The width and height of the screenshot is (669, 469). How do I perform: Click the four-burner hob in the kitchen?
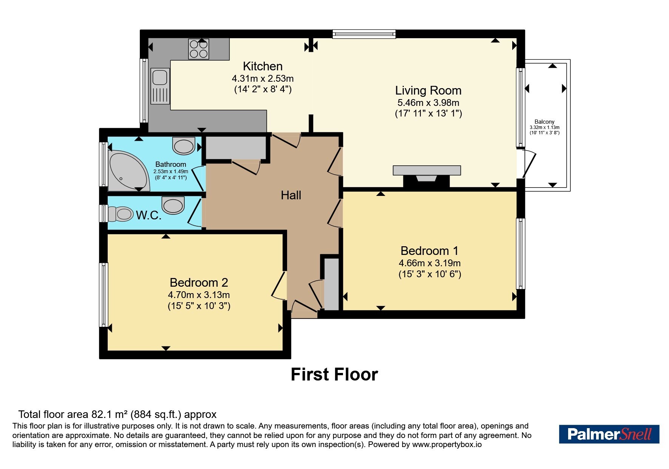[x=199, y=49]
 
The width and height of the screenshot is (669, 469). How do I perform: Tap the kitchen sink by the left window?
[x=160, y=86]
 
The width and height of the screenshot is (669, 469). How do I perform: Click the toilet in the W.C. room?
[x=120, y=214]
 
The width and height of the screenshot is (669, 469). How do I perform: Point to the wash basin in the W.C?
[x=173, y=205]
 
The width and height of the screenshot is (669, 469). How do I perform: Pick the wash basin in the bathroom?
[x=184, y=146]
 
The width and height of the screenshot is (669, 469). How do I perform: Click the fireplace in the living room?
[x=427, y=175]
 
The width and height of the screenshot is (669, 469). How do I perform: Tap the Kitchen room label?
[x=263, y=66]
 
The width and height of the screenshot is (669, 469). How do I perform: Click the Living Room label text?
[x=428, y=90]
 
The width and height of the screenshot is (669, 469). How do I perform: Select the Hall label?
[x=291, y=195]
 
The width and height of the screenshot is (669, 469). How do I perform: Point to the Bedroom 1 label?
[x=430, y=251]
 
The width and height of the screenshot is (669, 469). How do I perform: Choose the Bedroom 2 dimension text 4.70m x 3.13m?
[x=199, y=295]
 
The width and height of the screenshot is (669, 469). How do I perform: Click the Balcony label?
[x=544, y=122]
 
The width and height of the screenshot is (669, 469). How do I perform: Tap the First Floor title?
[x=334, y=374]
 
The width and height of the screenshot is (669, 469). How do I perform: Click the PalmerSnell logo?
[x=609, y=434]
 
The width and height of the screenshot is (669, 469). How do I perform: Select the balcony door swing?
[x=529, y=163]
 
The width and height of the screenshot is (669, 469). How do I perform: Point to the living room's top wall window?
[x=364, y=34]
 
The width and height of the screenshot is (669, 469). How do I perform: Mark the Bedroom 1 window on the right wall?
[x=521, y=253]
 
